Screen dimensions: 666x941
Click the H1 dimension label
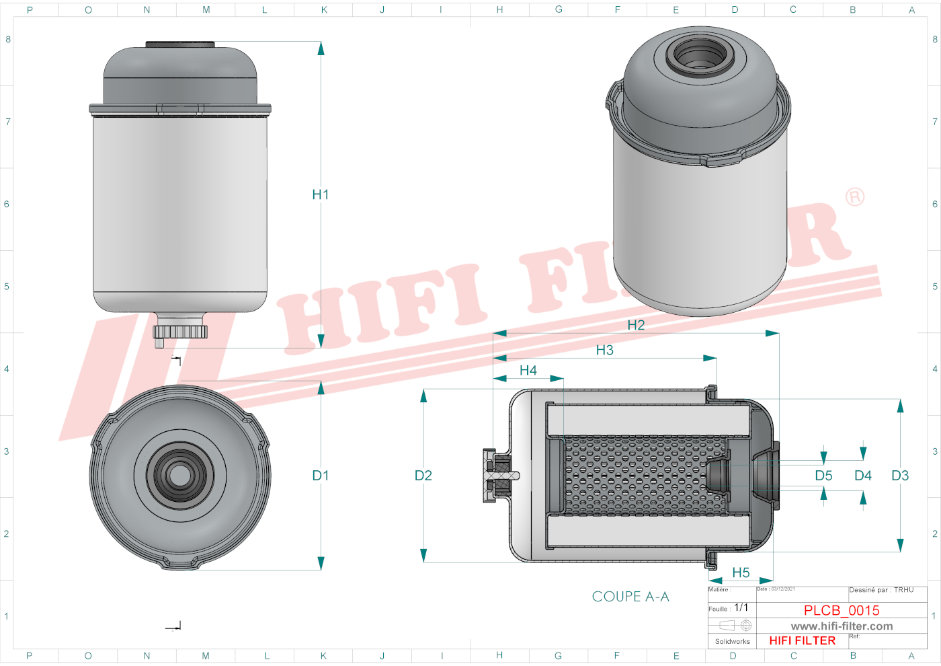[321, 194]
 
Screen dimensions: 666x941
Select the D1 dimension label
[321, 476]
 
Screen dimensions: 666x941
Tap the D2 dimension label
[423, 476]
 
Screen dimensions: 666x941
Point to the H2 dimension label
[636, 325]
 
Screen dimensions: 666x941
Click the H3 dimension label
[605, 350]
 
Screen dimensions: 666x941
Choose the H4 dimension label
[528, 371]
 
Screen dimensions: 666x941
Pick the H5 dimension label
[741, 572]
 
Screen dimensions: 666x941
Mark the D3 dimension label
[900, 476]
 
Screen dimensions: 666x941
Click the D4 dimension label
[863, 476]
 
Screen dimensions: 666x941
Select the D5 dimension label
[824, 476]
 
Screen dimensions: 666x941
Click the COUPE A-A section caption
[630, 597]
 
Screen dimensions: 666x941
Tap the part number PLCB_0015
[842, 610]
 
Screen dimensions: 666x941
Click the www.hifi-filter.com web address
[842, 626]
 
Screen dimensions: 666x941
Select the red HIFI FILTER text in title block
[803, 640]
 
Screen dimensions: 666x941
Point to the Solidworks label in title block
[732, 641]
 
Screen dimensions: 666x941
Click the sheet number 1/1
[741, 607]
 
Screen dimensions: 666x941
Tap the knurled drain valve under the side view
[180, 331]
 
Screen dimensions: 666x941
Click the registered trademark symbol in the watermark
[855, 196]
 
